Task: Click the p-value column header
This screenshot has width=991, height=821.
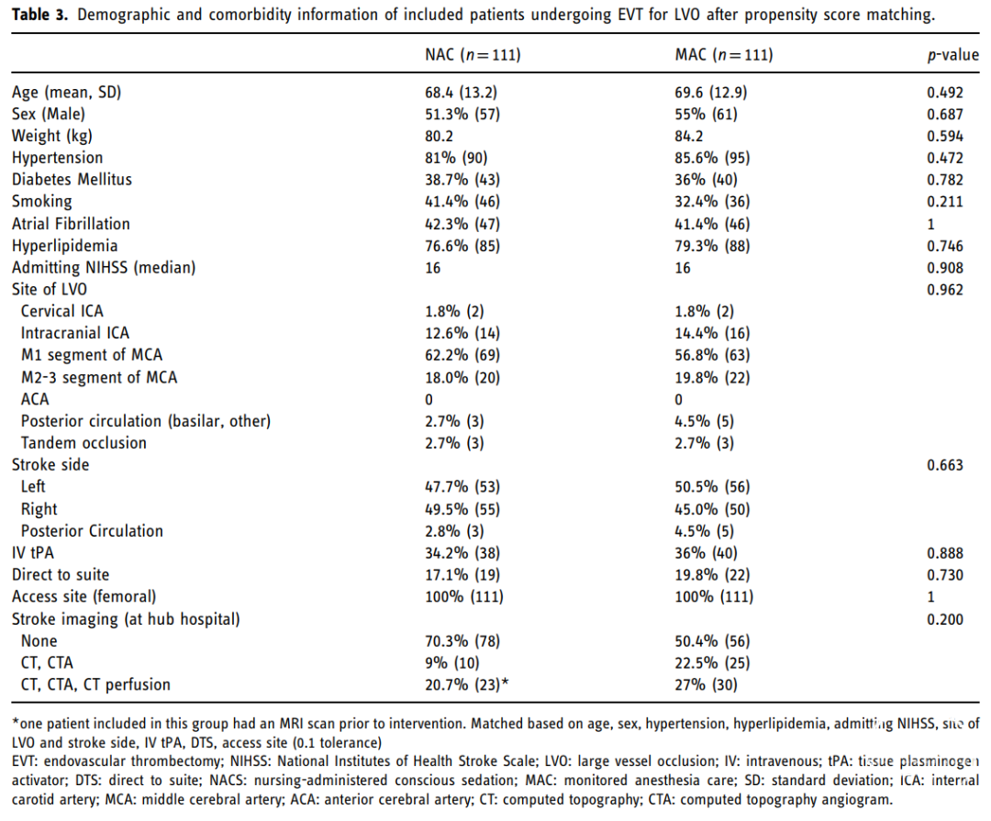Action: (x=953, y=56)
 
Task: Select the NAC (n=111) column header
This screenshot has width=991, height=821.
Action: (x=473, y=55)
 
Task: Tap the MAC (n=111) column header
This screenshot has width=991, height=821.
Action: (x=724, y=55)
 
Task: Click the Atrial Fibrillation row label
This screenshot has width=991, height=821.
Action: (x=71, y=224)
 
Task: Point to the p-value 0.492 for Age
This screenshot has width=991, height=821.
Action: (x=945, y=93)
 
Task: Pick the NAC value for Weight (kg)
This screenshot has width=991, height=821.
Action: (x=439, y=136)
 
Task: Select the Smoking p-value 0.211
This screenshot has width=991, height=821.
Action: (x=945, y=202)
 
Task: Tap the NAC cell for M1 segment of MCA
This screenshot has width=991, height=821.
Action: (x=462, y=355)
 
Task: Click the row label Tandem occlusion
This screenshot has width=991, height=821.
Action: (x=84, y=442)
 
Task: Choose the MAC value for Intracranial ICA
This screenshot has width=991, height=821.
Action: (x=712, y=333)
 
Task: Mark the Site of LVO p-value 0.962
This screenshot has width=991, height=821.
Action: (x=945, y=290)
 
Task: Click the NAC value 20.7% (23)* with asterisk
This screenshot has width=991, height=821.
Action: (x=466, y=684)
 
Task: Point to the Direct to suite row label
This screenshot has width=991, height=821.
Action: (x=61, y=574)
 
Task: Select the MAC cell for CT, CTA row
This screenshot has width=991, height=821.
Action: (x=712, y=663)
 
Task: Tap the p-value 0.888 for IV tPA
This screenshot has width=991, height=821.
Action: (x=945, y=553)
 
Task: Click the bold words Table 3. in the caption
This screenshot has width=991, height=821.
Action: (x=39, y=15)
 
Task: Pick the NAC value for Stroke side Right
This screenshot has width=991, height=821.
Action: (x=462, y=509)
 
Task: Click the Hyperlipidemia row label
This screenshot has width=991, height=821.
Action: (x=64, y=246)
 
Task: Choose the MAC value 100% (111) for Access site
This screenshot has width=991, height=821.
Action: (x=714, y=596)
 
